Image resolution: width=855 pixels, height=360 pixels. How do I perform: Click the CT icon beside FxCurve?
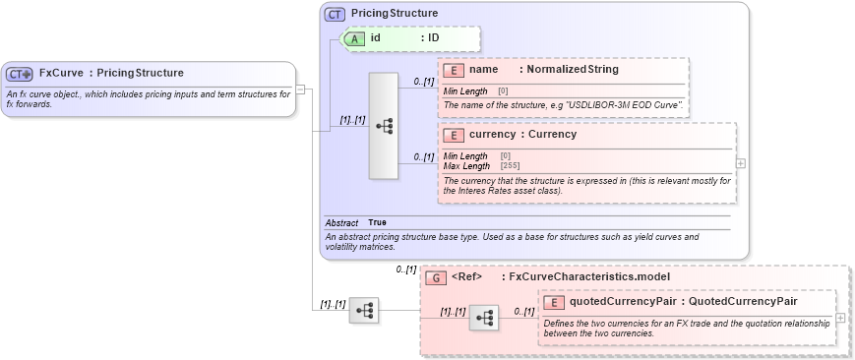(x=20, y=74)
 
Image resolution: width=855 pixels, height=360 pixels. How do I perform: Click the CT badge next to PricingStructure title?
(x=335, y=14)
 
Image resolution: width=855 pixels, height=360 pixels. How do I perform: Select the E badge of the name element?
(x=454, y=70)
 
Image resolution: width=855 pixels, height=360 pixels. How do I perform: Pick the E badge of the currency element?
(x=454, y=135)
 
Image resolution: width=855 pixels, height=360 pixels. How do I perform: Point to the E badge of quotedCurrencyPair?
(x=554, y=302)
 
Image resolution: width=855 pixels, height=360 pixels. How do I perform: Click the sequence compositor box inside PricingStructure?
(x=383, y=126)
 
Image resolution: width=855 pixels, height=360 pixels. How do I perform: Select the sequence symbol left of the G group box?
(x=364, y=310)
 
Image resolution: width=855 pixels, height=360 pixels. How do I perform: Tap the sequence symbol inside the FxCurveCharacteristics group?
(x=484, y=318)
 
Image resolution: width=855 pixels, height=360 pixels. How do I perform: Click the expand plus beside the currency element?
(x=740, y=163)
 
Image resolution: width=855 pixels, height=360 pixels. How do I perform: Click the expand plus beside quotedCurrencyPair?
(x=840, y=318)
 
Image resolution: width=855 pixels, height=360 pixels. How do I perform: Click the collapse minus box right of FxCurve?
(x=300, y=90)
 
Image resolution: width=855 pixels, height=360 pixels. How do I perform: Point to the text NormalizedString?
(x=573, y=70)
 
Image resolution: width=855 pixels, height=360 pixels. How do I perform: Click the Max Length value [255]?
(x=511, y=165)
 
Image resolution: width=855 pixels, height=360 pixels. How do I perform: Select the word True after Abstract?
(x=377, y=222)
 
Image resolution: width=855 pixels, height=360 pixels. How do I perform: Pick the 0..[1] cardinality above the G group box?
(x=406, y=270)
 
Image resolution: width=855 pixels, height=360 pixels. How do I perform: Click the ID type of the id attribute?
(x=433, y=38)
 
